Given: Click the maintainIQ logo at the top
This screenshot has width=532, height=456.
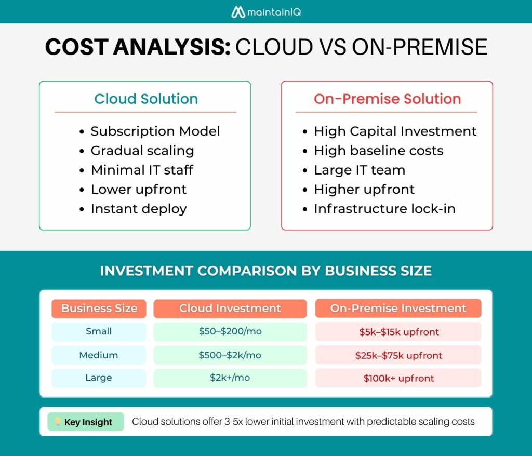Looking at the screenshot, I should coord(266,11).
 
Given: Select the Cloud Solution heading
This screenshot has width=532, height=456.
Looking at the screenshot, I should coord(146,99).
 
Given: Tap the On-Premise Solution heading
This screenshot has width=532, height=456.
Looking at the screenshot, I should coord(387,99).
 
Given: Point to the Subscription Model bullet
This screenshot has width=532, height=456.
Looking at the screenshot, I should coord(155,131).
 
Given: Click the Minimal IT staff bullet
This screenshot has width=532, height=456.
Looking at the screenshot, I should coord(142,170).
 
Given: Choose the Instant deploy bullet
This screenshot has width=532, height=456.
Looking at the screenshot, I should coord(138,209).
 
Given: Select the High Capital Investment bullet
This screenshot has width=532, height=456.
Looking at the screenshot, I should coord(395,131).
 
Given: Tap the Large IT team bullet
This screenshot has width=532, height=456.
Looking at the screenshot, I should coord(359,170).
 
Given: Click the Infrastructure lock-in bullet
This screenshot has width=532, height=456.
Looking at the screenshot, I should coord(384,209).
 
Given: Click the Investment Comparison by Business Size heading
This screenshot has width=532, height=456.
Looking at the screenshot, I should coord(265,271).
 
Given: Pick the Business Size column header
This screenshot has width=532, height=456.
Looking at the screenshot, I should coord(99,309).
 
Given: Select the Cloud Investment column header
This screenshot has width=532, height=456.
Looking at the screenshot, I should coord(230,309).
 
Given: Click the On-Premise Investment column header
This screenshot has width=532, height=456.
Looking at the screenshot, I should coord(398,309).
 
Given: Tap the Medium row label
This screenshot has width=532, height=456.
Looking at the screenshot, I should coord(99,355).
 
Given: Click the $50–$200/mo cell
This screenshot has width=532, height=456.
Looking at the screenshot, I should coord(230,331).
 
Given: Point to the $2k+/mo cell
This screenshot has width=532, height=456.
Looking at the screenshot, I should coord(230,378).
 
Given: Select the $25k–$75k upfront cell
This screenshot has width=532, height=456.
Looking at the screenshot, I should coord(398,355).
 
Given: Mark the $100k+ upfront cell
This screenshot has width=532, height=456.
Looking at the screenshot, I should coord(398,378).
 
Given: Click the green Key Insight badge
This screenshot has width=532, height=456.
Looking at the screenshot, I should coord(86,422).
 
